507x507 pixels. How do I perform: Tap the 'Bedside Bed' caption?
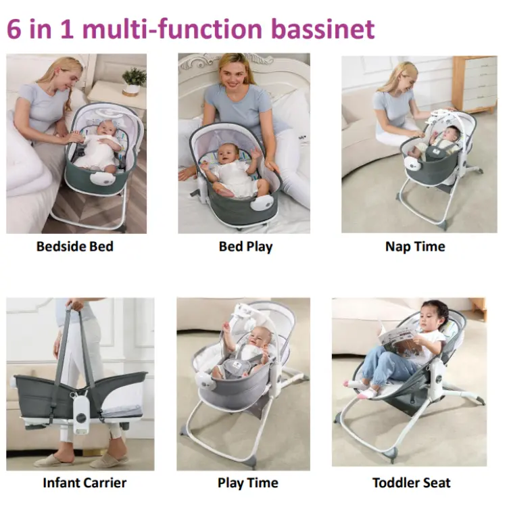point(74,246)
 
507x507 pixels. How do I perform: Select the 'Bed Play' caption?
point(246,247)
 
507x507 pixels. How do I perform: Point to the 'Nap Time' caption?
point(415,247)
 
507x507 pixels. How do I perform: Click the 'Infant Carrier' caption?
point(84,483)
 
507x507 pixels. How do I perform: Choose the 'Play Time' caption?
point(248,483)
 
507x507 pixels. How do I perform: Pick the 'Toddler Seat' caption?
point(411,483)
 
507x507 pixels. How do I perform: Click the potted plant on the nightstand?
point(134,81)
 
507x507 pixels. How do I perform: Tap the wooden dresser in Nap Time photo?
point(475,83)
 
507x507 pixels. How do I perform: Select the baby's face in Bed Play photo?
point(228,155)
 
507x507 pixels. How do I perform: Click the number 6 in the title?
point(14,30)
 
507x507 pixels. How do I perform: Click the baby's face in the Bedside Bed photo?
point(106,128)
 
